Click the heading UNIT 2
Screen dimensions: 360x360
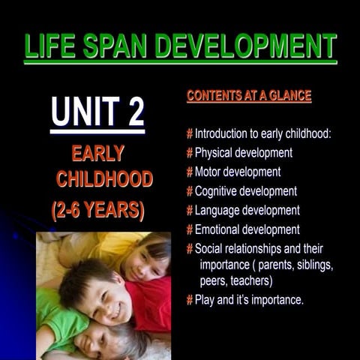point(97,112)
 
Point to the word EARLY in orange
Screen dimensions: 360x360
point(97,154)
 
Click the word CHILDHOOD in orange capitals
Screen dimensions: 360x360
point(104,179)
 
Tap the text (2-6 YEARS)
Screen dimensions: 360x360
point(97,210)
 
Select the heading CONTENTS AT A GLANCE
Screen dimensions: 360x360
point(248,97)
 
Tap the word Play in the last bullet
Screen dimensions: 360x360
point(205,300)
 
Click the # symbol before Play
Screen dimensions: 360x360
point(190,300)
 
